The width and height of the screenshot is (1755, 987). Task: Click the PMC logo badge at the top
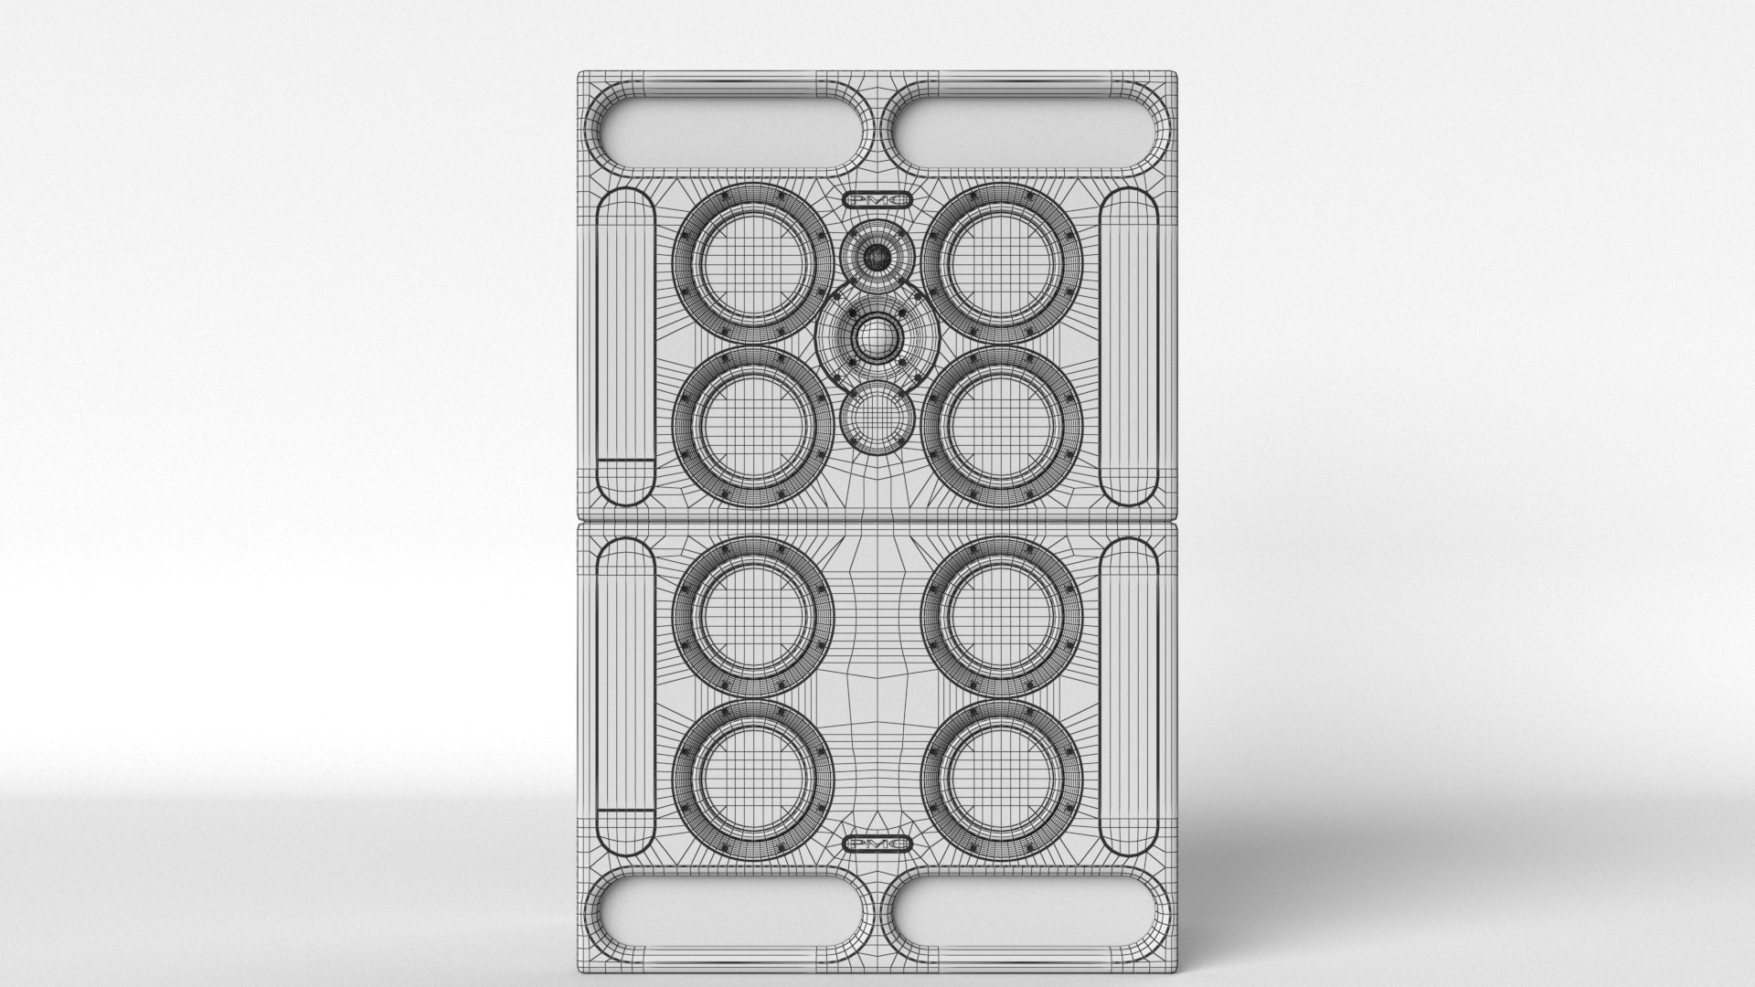coord(877,199)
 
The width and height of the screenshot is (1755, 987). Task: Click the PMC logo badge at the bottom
coord(877,844)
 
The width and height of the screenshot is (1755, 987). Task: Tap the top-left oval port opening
coord(728,128)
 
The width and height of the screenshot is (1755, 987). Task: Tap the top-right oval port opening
coord(1026,128)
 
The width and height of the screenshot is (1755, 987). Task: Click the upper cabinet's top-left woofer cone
coord(753,263)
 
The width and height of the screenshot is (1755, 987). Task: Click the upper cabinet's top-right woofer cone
coord(1003,263)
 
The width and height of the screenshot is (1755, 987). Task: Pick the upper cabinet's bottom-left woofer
coord(753,426)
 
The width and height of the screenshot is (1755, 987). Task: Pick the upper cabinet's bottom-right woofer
coord(1003,426)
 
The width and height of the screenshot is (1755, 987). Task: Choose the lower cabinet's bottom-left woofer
coord(753,781)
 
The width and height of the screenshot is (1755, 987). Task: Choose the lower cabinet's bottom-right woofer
coord(1003,781)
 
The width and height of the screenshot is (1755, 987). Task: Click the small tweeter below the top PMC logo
coord(877,258)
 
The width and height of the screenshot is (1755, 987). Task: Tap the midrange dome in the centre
coord(877,341)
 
